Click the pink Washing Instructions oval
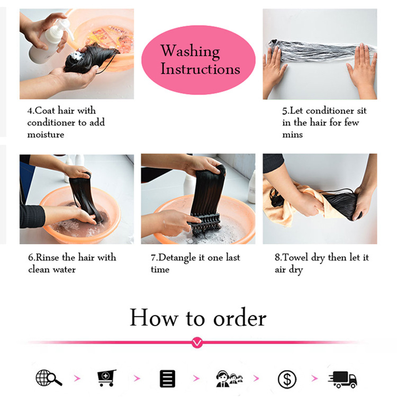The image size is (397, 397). pos(198,59)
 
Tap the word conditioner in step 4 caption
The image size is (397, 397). pos(52,122)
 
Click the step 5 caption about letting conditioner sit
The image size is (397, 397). pos(323,122)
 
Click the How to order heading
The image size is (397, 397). pos(198,318)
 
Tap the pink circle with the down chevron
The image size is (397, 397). pos(197,343)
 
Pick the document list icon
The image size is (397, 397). pos(167,378)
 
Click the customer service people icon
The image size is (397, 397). pos(229,378)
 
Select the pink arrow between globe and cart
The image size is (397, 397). pos(77,378)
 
